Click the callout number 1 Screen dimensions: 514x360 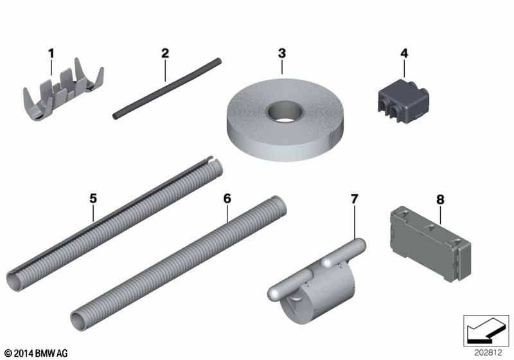[51, 53]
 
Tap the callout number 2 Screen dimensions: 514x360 [165, 53]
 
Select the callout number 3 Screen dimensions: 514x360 [282, 53]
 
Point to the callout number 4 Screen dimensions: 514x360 [404, 53]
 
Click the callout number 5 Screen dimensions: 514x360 [93, 199]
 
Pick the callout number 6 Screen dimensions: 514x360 [227, 199]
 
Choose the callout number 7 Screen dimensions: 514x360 [355, 199]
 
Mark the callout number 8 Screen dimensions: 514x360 [440, 199]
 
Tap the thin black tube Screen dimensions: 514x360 [167, 89]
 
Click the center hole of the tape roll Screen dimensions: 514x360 [285, 111]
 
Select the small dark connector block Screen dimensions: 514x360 [403, 101]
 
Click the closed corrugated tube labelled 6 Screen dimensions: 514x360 [179, 264]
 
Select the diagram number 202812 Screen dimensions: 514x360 [488, 353]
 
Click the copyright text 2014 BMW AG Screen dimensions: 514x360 [37, 353]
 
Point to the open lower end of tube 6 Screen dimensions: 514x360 [77, 321]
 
